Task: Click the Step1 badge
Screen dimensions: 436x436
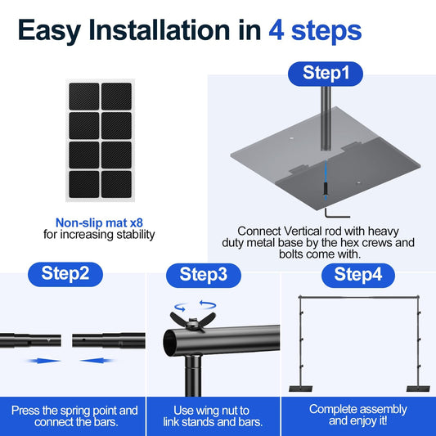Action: [326, 74]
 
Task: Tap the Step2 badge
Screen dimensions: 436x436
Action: [65, 274]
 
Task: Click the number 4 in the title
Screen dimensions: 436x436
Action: [277, 31]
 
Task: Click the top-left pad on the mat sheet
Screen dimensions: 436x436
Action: [83, 97]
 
